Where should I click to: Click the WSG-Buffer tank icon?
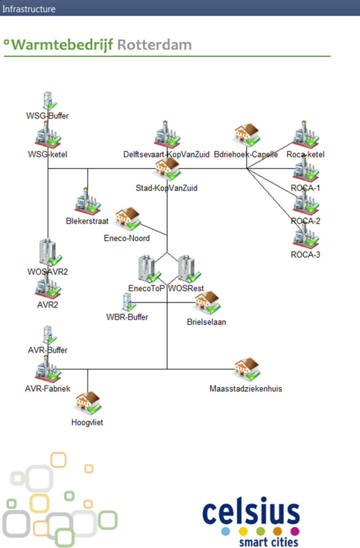tap(48, 101)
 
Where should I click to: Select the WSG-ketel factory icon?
tap(48, 135)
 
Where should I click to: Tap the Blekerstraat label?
tap(87, 220)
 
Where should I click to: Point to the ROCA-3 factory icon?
tap(305, 235)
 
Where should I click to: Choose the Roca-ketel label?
tap(305, 155)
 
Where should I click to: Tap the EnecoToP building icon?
tap(148, 269)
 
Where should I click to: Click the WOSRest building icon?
tap(187, 269)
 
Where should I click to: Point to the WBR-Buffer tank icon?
tap(127, 302)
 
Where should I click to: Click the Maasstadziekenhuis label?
tap(246, 389)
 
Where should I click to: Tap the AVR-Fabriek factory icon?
tap(48, 370)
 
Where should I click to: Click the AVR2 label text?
tap(48, 305)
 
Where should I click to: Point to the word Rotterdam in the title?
tap(154, 45)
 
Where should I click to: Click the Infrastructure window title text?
tap(28, 9)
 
